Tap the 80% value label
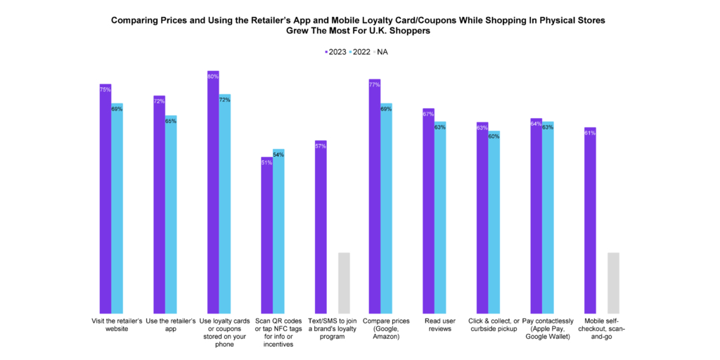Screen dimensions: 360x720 (x=213, y=76)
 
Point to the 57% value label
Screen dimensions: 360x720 (x=321, y=146)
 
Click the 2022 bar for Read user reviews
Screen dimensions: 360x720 (x=440, y=217)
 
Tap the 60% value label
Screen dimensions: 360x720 (x=494, y=136)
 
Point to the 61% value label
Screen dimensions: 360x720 (x=590, y=133)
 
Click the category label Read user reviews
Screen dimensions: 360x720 (x=434, y=325)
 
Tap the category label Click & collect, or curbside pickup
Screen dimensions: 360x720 (x=487, y=325)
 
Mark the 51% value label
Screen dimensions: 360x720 (x=266, y=163)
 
